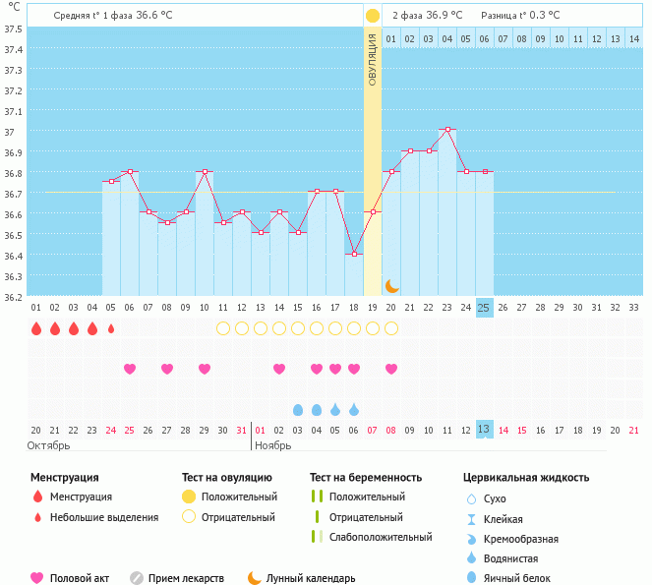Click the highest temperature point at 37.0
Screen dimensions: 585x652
447,130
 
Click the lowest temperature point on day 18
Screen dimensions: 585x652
354,254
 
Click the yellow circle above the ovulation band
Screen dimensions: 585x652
373,16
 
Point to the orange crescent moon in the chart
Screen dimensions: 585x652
391,285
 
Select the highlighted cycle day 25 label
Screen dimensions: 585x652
484,308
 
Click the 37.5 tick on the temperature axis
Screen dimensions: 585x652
14,29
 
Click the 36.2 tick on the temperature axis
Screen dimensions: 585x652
14,296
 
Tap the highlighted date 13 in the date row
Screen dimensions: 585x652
484,429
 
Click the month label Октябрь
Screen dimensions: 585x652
49,445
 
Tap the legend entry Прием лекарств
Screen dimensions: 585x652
186,578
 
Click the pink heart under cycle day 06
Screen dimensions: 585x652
130,369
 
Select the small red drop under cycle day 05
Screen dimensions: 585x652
111,328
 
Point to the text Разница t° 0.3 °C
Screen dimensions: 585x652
520,16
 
